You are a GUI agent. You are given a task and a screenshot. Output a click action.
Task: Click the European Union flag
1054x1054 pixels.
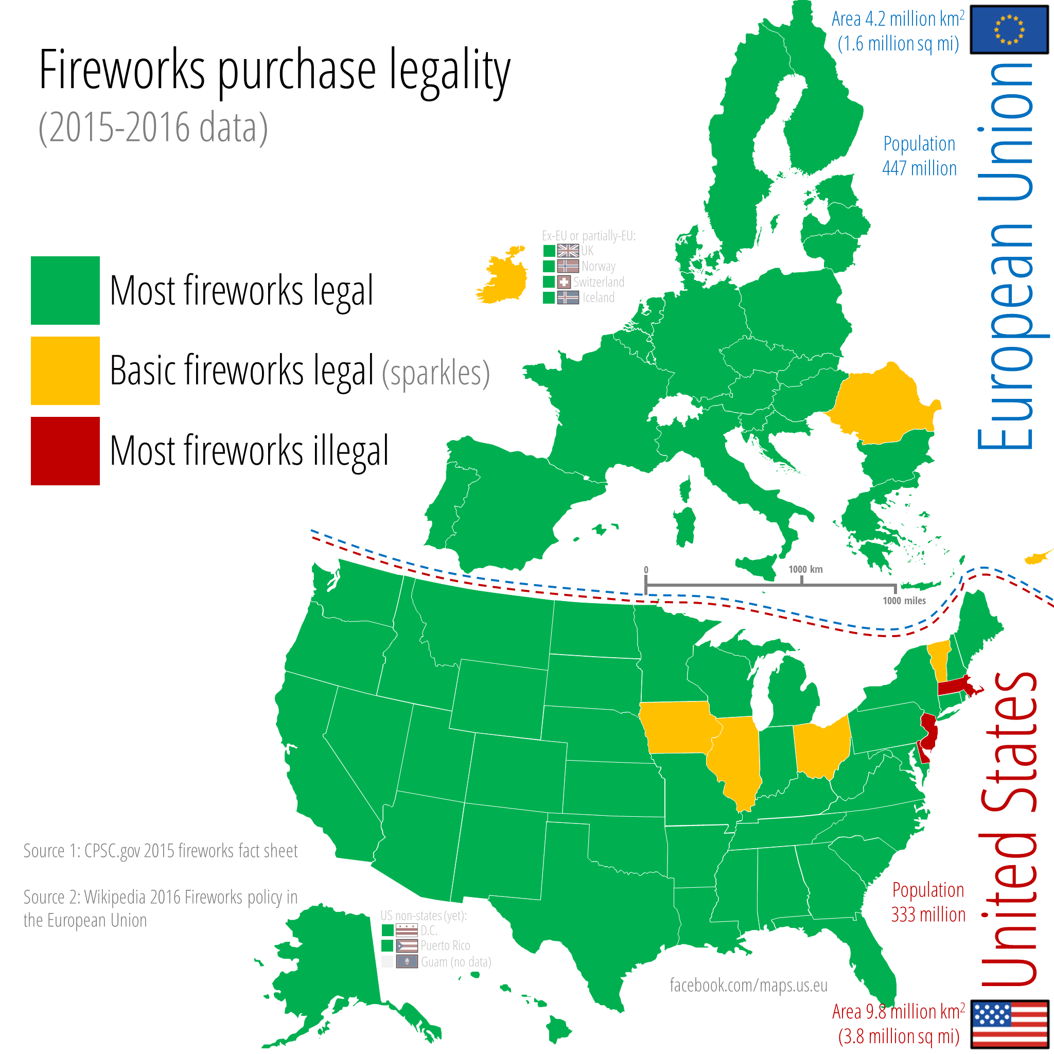coord(1009,29)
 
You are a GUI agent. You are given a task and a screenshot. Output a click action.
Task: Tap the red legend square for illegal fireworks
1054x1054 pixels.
coord(65,451)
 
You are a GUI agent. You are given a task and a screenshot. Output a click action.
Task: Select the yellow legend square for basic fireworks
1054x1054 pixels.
coord(65,371)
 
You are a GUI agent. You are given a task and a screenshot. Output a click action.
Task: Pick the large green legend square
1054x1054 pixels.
coord(65,290)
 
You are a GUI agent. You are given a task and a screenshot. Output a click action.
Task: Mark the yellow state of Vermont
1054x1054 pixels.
coord(939,660)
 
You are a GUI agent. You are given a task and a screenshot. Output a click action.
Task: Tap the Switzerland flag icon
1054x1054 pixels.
coord(564,282)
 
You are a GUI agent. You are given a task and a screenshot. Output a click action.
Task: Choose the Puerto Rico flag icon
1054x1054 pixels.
coord(407,945)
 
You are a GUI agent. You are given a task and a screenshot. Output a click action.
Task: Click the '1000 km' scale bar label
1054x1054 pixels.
coord(805,569)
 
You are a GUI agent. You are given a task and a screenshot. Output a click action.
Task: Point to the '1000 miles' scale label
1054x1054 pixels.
coord(904,601)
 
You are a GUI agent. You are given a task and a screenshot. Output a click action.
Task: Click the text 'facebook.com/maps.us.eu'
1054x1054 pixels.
coord(748,985)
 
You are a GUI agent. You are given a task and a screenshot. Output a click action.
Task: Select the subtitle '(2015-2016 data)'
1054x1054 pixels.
coord(153,128)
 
